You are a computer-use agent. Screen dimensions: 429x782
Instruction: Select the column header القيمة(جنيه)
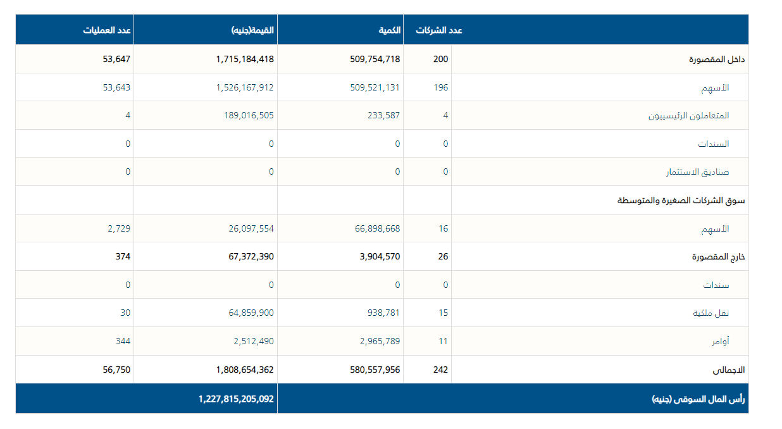pos(252,30)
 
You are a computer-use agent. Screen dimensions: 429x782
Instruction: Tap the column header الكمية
pos(389,30)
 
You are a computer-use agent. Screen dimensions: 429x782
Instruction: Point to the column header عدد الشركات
pos(439,30)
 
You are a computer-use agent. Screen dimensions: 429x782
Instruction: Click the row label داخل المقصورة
pos(717,59)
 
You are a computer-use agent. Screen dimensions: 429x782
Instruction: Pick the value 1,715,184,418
pos(244,59)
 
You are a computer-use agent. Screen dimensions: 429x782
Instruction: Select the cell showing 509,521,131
pos(375,87)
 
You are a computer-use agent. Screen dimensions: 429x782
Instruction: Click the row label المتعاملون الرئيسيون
pos(688,116)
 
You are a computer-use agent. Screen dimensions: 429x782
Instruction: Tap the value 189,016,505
pos(249,115)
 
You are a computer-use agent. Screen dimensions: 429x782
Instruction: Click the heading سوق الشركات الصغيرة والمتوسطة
pos(681,201)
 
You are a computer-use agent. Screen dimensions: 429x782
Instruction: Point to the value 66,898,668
pos(377,228)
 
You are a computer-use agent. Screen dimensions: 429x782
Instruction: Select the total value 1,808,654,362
pos(244,370)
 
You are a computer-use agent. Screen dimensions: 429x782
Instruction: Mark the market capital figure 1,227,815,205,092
pos(235,399)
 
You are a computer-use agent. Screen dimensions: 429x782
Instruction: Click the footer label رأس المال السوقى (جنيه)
pos(698,399)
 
